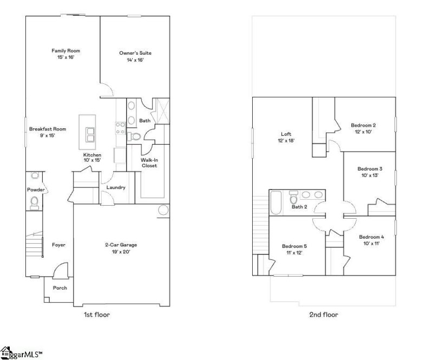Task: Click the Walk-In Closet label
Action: pyautogui.click(x=149, y=162)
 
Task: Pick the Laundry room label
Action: pyautogui.click(x=116, y=188)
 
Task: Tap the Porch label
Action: pyautogui.click(x=60, y=288)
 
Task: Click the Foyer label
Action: pyautogui.click(x=58, y=245)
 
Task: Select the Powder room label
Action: pyautogui.click(x=36, y=189)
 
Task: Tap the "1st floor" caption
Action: pyautogui.click(x=98, y=315)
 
